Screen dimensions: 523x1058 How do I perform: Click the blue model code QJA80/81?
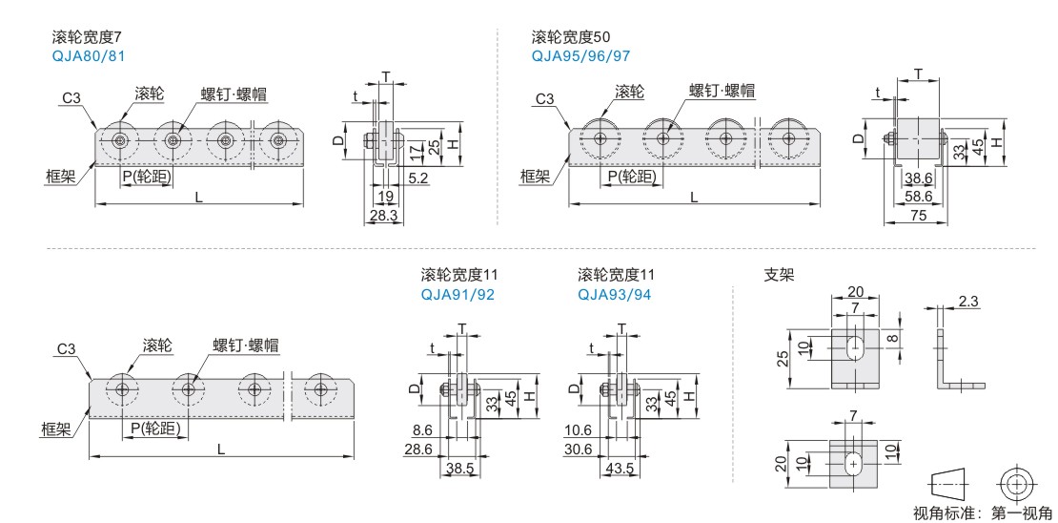(x=88, y=55)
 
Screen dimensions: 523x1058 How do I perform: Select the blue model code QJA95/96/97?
(x=580, y=55)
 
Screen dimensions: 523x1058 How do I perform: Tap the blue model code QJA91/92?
(x=458, y=294)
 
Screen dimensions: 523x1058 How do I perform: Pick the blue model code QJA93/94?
(x=615, y=294)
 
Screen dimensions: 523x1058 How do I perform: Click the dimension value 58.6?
(x=918, y=197)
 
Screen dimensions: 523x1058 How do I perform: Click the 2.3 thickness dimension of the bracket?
(x=968, y=302)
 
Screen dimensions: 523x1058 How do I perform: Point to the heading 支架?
(x=779, y=274)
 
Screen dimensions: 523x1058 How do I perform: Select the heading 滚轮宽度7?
(x=87, y=37)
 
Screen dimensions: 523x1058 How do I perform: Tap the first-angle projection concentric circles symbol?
(x=1014, y=482)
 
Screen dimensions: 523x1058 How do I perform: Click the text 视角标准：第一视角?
(x=982, y=513)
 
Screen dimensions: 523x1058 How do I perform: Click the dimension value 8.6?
(x=423, y=430)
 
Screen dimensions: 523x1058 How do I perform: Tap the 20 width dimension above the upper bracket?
(x=855, y=291)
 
